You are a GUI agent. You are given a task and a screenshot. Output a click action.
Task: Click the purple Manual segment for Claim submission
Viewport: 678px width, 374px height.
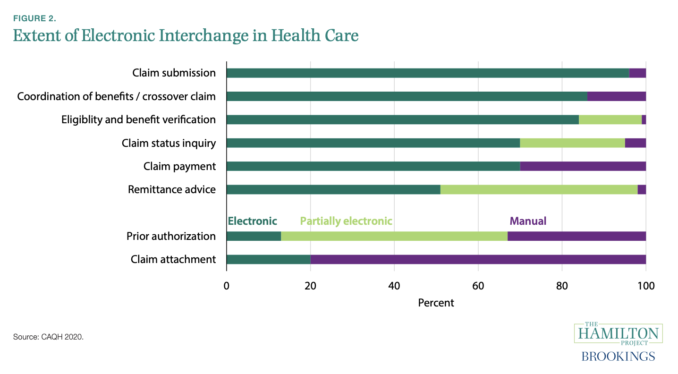tap(637, 73)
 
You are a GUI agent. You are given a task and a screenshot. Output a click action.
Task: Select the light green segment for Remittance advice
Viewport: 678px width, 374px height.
tap(539, 189)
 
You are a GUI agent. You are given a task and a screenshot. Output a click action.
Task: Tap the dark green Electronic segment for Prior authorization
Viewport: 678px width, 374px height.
tap(254, 236)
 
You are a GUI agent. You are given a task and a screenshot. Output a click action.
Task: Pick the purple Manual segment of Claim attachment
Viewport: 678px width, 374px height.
tap(478, 259)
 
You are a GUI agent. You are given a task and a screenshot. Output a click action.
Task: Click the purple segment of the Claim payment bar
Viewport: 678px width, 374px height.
tap(583, 166)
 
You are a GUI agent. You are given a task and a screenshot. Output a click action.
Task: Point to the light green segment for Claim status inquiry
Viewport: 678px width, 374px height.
tap(572, 143)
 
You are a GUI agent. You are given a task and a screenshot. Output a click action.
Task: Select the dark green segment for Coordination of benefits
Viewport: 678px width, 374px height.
tap(407, 96)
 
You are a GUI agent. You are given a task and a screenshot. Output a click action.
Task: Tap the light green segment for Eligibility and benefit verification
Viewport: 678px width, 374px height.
tap(610, 119)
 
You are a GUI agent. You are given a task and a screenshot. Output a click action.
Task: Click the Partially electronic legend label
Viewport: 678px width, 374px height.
tap(346, 221)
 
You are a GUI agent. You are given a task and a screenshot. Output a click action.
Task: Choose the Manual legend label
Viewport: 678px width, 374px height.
tap(527, 221)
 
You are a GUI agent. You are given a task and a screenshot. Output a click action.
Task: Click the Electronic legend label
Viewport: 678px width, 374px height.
tap(252, 221)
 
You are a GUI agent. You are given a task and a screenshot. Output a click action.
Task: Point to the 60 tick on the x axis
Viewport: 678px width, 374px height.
tap(478, 286)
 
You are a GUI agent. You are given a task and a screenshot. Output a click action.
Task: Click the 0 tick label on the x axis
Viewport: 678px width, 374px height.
tap(227, 286)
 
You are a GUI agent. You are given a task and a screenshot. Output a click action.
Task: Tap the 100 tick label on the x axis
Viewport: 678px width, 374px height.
tap(646, 286)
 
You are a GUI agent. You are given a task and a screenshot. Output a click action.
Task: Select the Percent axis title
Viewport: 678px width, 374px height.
tap(436, 303)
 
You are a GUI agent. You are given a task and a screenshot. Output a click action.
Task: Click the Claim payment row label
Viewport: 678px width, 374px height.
tap(179, 166)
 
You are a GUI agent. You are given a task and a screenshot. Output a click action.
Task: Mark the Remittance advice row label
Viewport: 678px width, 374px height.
tap(172, 189)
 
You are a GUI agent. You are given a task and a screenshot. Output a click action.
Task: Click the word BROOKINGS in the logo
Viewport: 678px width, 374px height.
tap(618, 356)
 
